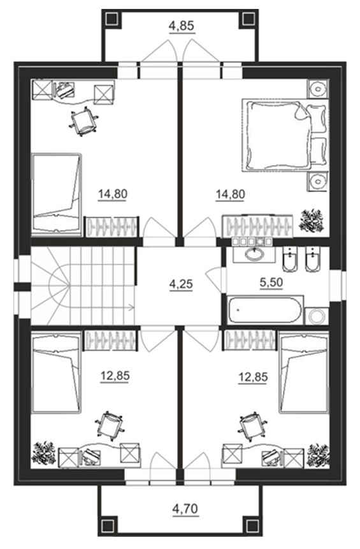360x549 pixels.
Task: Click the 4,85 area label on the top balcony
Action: [x=181, y=26]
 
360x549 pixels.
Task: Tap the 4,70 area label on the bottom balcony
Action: [x=185, y=508]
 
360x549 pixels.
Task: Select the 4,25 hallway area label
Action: [x=181, y=284]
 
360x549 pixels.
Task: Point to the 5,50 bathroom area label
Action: [x=271, y=282]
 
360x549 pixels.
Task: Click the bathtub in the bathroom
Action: [x=264, y=310]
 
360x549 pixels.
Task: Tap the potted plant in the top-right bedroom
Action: [x=312, y=220]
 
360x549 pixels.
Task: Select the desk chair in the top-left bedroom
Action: [x=83, y=122]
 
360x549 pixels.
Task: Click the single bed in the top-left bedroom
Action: [x=57, y=193]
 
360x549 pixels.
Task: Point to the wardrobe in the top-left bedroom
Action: [x=112, y=226]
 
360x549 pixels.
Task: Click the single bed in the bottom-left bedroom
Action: [x=56, y=373]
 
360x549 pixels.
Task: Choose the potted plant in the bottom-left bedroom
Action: [x=44, y=453]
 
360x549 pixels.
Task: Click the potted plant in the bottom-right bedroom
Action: [x=318, y=456]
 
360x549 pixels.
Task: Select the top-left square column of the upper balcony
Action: [x=113, y=18]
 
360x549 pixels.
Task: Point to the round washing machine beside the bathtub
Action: [x=317, y=316]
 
